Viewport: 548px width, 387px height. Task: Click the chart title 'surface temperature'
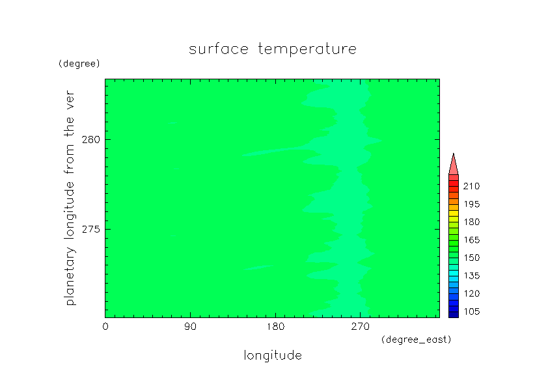273,49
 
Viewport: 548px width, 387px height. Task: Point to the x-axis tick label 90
190,327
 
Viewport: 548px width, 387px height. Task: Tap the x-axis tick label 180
275,327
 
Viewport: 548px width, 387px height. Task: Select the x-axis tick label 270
361,327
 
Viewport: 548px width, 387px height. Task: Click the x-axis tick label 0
105,327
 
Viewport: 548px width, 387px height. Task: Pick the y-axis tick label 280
91,140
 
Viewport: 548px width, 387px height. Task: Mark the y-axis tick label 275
91,230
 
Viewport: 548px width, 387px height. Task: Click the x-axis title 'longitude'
273,355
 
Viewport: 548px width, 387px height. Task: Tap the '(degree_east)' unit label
417,340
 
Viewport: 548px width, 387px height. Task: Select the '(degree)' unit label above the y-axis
79,64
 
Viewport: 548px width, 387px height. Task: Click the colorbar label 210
471,186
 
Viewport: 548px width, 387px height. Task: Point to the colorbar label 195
471,204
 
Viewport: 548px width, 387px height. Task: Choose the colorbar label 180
471,222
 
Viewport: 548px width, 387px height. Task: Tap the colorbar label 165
471,240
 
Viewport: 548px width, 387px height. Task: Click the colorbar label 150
471,258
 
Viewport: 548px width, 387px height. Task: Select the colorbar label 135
471,276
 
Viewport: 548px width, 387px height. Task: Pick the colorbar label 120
471,293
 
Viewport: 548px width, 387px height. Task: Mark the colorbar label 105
471,312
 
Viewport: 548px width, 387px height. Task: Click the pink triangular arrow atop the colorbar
453,166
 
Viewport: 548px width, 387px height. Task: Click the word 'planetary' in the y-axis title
70,276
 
